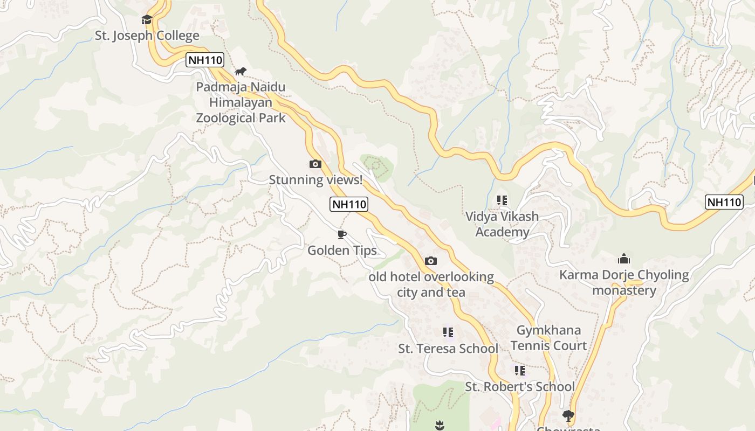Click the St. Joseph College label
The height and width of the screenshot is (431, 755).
147,36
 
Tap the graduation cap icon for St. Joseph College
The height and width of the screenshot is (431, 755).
147,20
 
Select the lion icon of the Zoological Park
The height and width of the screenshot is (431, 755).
241,72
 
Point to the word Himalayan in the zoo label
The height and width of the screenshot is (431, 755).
240,102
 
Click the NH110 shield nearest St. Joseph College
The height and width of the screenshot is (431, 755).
204,60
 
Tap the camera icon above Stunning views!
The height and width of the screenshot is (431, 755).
315,164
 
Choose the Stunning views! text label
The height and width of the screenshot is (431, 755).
315,180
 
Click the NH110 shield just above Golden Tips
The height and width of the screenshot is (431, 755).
349,204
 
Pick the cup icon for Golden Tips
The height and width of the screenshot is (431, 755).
341,234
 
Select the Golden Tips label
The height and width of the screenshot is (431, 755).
342,251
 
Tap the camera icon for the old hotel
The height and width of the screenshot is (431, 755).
430,261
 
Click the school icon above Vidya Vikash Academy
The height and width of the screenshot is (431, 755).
502,200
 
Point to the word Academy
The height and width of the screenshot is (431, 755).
502,232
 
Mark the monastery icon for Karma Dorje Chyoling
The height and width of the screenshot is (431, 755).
624,259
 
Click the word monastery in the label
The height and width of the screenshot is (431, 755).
624,291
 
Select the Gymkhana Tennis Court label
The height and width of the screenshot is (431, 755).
548,338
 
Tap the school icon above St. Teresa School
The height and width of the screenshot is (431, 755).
448,332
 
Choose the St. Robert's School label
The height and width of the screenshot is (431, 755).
520,387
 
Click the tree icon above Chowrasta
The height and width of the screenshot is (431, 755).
568,415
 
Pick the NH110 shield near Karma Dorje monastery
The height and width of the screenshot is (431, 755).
724,202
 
